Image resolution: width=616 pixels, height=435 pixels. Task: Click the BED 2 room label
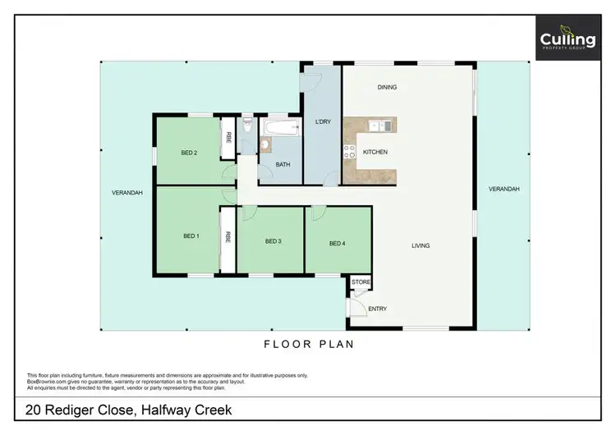(x=189, y=152)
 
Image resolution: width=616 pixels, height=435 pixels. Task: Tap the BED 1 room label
(x=191, y=236)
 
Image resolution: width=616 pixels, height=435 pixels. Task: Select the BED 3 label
(x=274, y=241)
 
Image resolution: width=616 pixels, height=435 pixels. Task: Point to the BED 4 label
(x=338, y=243)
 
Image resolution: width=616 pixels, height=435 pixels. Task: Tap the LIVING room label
(x=421, y=245)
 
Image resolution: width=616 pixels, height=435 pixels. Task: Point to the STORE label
(x=361, y=282)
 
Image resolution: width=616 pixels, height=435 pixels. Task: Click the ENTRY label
(x=377, y=309)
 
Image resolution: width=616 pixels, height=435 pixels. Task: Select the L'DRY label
(x=323, y=122)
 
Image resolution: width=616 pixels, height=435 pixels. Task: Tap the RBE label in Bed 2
(x=229, y=138)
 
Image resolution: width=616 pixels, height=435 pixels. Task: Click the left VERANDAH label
(x=127, y=193)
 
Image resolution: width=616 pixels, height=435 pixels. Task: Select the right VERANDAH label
(x=503, y=189)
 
